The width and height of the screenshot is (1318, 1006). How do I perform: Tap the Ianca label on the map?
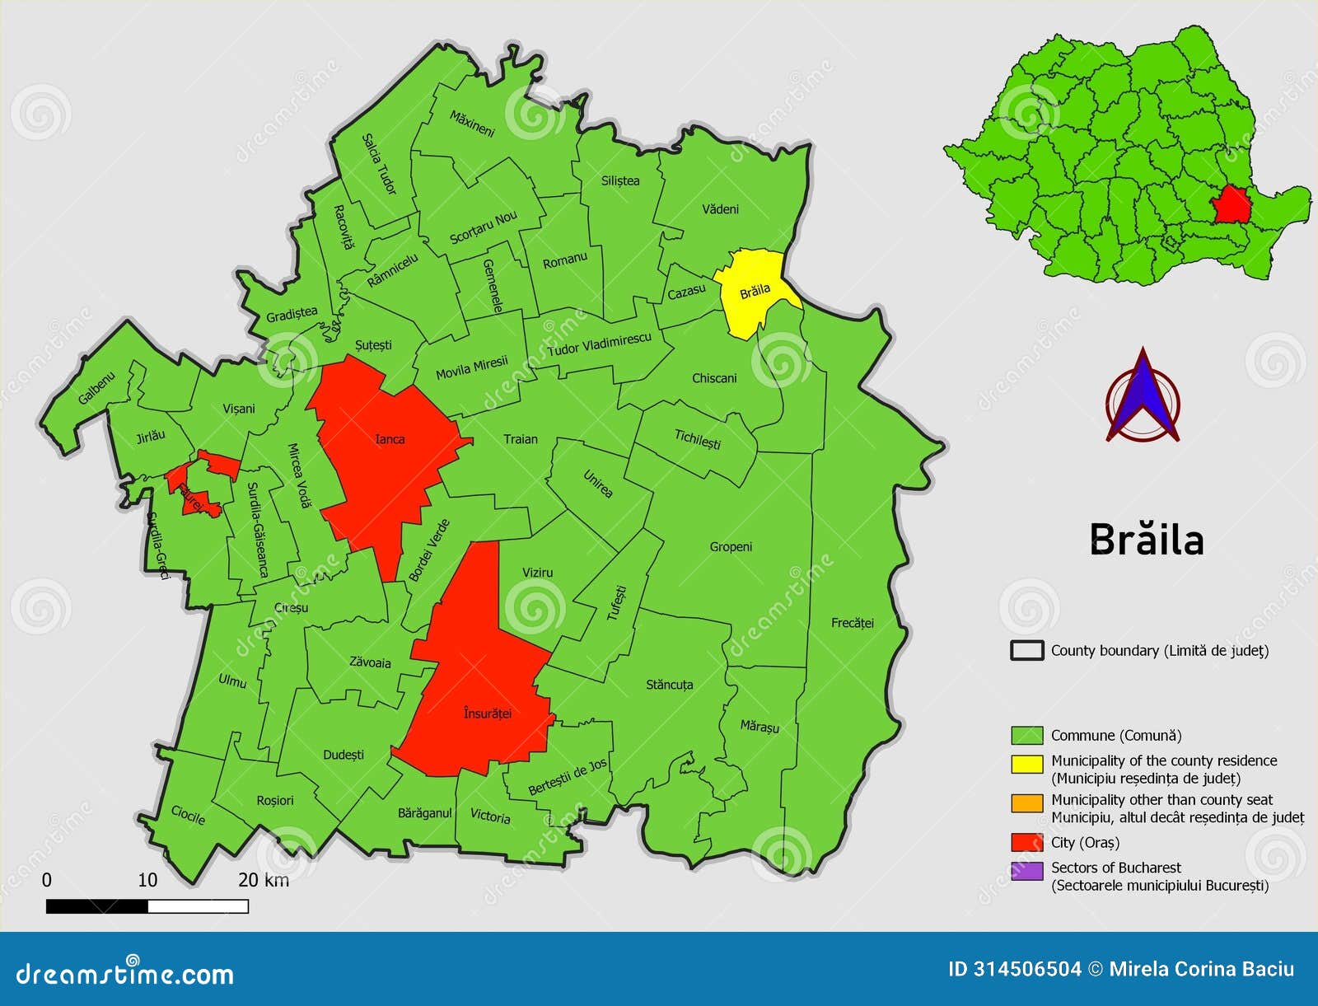click(x=390, y=439)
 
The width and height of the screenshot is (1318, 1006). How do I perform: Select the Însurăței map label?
click(x=487, y=713)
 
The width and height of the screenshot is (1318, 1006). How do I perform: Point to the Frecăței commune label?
click(x=852, y=623)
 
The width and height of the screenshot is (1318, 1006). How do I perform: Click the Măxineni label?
click(x=472, y=124)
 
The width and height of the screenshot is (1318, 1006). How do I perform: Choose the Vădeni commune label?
click(x=720, y=209)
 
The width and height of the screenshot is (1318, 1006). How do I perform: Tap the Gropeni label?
click(x=731, y=546)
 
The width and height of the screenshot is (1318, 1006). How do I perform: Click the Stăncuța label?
click(x=669, y=685)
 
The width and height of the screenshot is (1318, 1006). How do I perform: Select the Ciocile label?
click(x=188, y=815)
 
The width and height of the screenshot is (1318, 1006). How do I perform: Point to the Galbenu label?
click(x=97, y=388)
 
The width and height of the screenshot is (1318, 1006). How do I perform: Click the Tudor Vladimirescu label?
click(x=599, y=344)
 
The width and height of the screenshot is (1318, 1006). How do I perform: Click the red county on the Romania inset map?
click(x=1232, y=204)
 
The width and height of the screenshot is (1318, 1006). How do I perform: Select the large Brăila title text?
click(x=1146, y=540)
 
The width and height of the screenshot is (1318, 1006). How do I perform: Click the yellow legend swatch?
click(x=1027, y=764)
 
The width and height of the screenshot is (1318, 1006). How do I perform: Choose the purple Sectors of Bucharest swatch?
click(x=1027, y=871)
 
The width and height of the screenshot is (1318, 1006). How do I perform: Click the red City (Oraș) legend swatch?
click(x=1027, y=842)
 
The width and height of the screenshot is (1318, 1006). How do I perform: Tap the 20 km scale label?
click(x=264, y=880)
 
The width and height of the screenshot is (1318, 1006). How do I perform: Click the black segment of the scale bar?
click(x=97, y=906)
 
